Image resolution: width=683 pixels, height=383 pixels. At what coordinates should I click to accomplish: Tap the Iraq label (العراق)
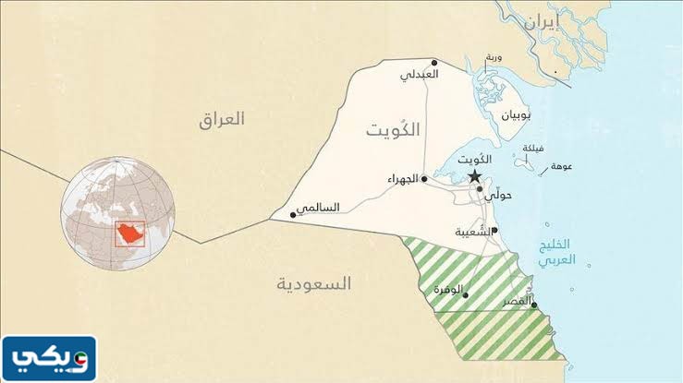pyautogui.click(x=222, y=119)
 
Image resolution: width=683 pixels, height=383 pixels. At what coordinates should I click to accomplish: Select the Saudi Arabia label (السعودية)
pyautogui.click(x=314, y=284)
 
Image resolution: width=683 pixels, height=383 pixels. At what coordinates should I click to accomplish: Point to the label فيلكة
pyautogui.click(x=533, y=148)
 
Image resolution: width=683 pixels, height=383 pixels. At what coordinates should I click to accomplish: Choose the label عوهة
pyautogui.click(x=561, y=169)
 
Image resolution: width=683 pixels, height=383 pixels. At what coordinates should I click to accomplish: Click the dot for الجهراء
pyautogui.click(x=424, y=179)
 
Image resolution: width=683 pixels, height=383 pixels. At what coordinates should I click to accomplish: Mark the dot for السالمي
pyautogui.click(x=294, y=215)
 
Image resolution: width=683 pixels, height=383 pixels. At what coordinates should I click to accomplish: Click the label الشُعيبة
pyautogui.click(x=473, y=233)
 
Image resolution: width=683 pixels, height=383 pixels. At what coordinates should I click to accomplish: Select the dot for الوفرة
pyautogui.click(x=465, y=295)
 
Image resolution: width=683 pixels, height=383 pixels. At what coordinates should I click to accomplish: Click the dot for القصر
pyautogui.click(x=534, y=306)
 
